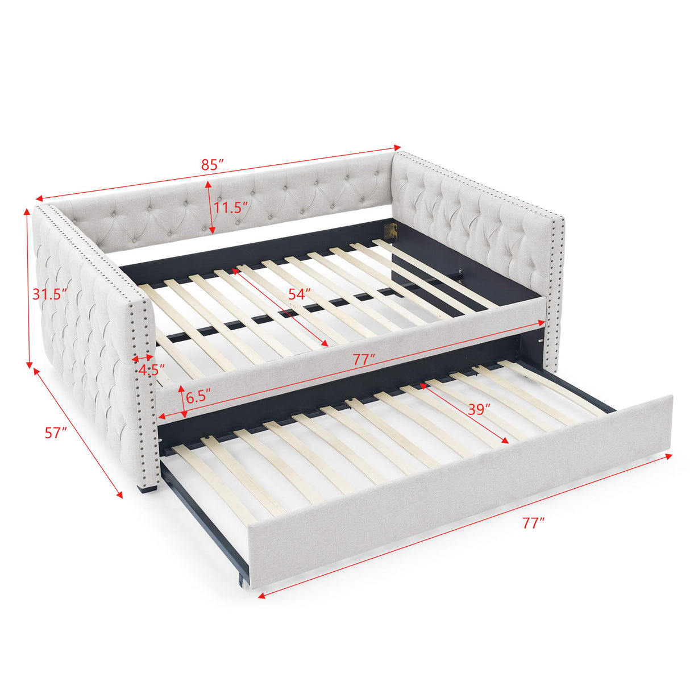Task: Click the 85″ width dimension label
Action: click(212, 165)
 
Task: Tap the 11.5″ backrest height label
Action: click(231, 207)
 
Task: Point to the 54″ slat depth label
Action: click(299, 294)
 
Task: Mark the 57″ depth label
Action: click(56, 433)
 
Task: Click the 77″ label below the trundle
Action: click(533, 523)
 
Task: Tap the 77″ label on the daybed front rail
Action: click(364, 359)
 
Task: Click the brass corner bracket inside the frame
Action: click(391, 230)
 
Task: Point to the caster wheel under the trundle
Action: click(243, 581)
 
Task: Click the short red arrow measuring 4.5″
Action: click(141, 359)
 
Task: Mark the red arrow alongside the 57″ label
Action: click(78, 433)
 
